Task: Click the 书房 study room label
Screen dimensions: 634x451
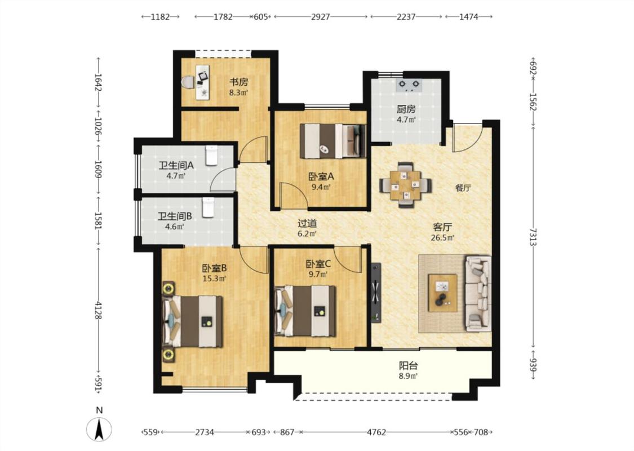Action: tap(238, 82)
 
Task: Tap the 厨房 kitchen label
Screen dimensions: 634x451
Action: tap(406, 109)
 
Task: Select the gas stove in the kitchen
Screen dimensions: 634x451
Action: tap(409, 84)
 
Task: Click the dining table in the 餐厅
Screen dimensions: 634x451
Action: tap(406, 185)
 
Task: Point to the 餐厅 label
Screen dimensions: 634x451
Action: tap(463, 188)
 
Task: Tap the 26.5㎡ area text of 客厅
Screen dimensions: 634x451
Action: tap(442, 237)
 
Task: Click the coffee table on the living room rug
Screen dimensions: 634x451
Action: tap(443, 293)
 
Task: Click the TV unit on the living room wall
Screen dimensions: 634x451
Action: tap(376, 293)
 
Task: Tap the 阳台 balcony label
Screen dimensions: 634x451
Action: tap(408, 366)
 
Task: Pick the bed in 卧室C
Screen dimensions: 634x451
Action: tap(305, 311)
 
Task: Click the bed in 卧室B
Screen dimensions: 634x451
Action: tap(193, 321)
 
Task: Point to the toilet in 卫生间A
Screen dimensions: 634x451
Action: tap(212, 156)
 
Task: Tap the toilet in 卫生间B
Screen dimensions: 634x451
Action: tap(208, 207)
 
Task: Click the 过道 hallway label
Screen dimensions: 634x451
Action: tap(307, 223)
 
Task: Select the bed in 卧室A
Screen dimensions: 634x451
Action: tap(332, 141)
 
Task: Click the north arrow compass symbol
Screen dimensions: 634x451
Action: tap(99, 430)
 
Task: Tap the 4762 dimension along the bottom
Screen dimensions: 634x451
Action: tap(376, 432)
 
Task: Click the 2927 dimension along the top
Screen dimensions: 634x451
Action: tap(321, 16)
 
